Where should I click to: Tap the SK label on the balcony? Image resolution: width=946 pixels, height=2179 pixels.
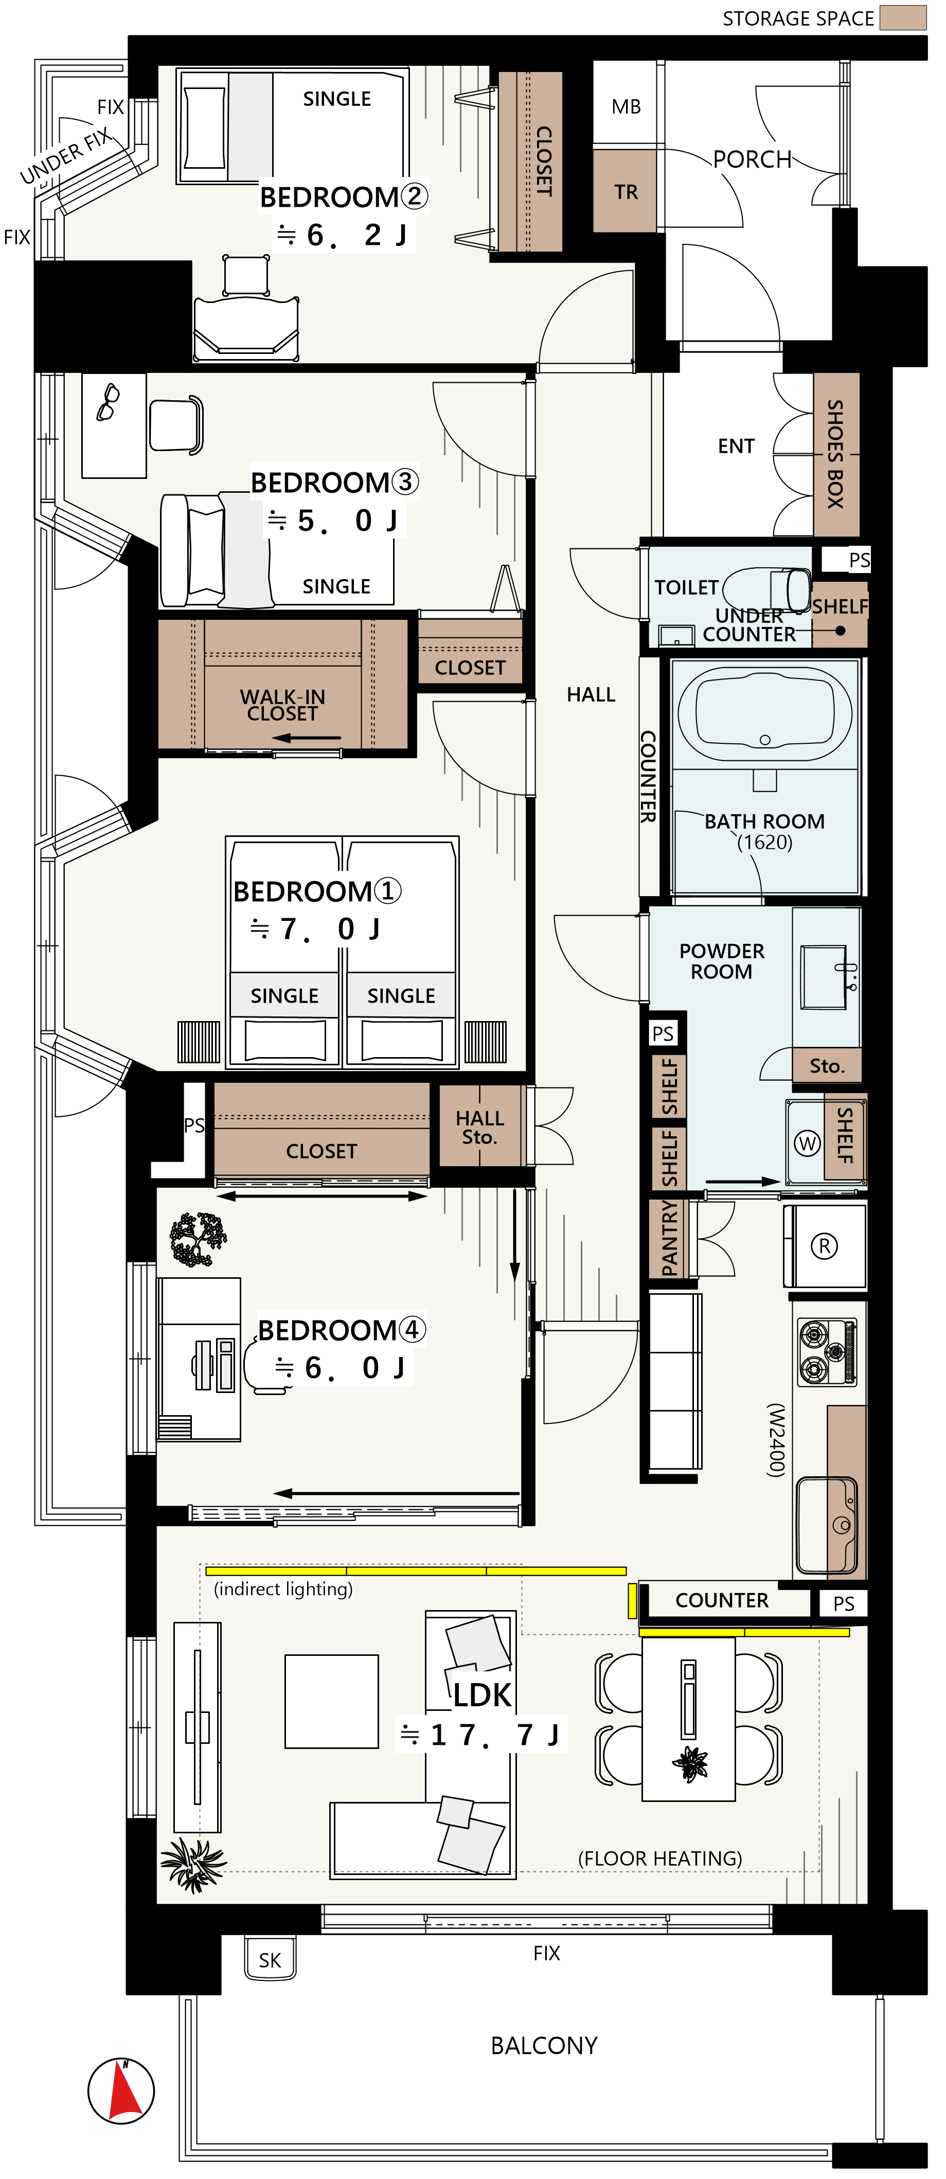(270, 1960)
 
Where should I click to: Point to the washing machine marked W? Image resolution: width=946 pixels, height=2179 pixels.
(807, 1144)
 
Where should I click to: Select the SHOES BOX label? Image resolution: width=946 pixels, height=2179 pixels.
(835, 454)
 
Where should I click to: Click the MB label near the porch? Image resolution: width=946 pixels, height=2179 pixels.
(626, 106)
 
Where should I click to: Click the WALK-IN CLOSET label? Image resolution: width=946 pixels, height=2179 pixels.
(282, 705)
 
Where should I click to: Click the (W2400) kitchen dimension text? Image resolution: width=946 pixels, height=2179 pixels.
(776, 1440)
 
